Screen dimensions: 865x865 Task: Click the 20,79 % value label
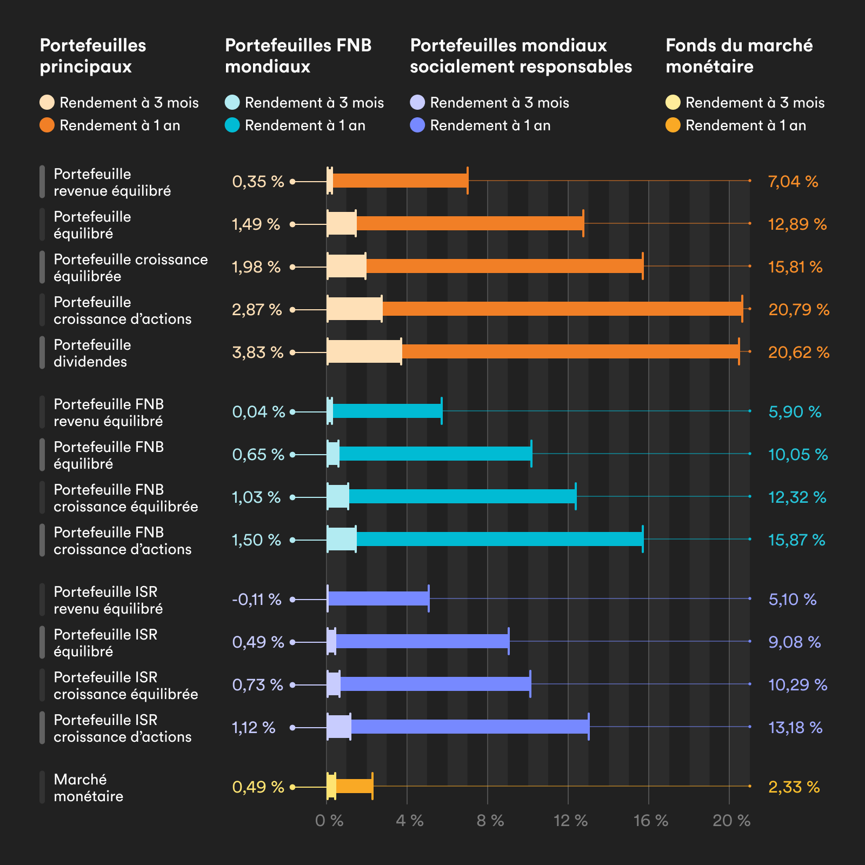(x=799, y=310)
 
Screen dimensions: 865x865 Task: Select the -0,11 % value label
(x=257, y=600)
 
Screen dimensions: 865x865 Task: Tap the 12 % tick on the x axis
(x=570, y=821)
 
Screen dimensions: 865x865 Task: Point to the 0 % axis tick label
(x=329, y=821)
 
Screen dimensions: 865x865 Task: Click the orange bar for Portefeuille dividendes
(x=570, y=352)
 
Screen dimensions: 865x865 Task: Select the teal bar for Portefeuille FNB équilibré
(x=435, y=454)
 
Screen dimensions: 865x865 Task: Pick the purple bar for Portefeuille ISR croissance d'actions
(x=469, y=727)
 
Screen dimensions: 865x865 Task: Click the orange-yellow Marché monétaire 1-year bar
(x=354, y=786)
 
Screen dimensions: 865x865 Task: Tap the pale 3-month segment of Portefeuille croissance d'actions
(x=354, y=309)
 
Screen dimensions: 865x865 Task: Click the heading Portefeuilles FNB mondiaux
(x=298, y=56)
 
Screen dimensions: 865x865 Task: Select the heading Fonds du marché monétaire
(x=738, y=56)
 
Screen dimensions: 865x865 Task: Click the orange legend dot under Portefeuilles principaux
(x=47, y=125)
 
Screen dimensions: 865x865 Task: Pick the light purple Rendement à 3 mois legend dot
(x=417, y=103)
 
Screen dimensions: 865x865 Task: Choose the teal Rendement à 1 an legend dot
(x=232, y=125)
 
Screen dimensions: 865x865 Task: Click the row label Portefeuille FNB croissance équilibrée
(x=125, y=498)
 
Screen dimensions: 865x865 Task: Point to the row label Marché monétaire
(x=88, y=788)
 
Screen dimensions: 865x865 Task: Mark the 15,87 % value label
(x=796, y=540)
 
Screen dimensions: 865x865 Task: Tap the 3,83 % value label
(x=257, y=352)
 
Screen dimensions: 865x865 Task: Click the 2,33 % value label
(x=794, y=787)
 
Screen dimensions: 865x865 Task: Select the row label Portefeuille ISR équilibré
(x=105, y=643)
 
